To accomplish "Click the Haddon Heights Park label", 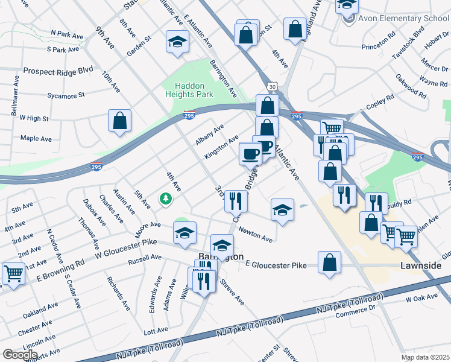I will (x=190, y=90).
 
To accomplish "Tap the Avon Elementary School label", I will (x=402, y=18).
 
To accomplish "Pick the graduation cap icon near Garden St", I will (x=178, y=42).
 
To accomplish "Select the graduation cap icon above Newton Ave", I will (x=282, y=209).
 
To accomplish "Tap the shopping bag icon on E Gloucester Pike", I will (x=329, y=262).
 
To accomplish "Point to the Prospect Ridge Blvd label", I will (x=58, y=71).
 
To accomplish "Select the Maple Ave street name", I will (x=36, y=138).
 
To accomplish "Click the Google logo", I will (x=20, y=355).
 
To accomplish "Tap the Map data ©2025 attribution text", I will (x=424, y=357).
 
